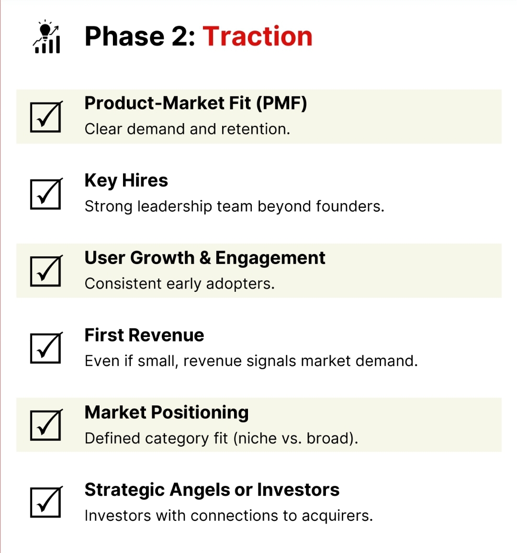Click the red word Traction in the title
click(x=257, y=36)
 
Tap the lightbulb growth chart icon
click(x=46, y=37)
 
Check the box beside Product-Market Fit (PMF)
click(x=46, y=117)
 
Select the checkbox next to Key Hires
click(x=46, y=194)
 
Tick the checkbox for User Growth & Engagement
click(x=46, y=271)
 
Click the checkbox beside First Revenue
click(x=46, y=348)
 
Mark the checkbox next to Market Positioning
click(x=46, y=426)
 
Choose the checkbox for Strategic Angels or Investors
click(x=46, y=503)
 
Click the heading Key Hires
click(x=126, y=181)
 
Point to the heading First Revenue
click(x=144, y=335)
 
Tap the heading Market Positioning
click(x=167, y=413)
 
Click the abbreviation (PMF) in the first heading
click(x=281, y=104)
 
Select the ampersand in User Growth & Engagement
click(x=205, y=258)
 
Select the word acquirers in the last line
click(x=337, y=516)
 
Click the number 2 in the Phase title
click(x=180, y=36)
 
